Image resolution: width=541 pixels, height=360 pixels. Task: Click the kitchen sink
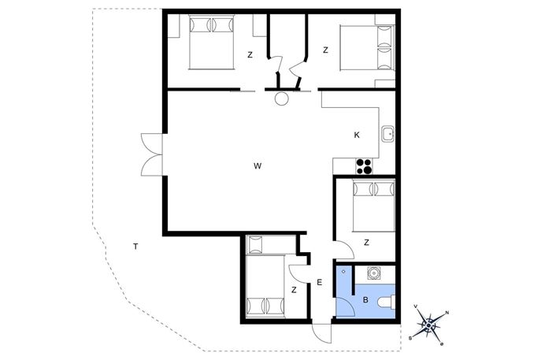pos(388,134)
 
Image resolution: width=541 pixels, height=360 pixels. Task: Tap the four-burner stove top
pos(364,166)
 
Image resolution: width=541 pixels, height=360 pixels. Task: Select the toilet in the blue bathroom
pos(387,302)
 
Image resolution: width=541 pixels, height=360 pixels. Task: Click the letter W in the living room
pos(258,166)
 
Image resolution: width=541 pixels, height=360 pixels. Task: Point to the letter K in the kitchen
pos(357,135)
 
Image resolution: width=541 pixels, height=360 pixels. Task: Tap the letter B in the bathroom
pos(365,300)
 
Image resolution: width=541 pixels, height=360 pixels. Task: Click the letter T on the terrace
pos(135,247)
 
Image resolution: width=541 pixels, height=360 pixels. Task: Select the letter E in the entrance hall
pos(320,282)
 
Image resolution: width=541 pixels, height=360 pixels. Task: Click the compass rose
pos(429,325)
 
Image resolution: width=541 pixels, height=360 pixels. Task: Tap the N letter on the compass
pos(447,313)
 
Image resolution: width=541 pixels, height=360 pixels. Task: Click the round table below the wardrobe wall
pos(282,99)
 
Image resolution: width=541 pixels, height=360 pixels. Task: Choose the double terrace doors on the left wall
pos(152,154)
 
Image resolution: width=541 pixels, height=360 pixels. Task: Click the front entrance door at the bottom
pos(321,333)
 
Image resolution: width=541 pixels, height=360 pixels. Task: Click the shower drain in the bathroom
pos(343,271)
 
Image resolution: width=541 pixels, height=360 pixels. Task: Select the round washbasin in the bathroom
pos(373,273)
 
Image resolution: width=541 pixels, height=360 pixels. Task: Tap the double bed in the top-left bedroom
pos(212,42)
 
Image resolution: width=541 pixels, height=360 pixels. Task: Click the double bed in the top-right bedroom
pos(368,47)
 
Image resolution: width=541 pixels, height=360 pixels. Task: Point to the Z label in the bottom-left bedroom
pos(294,290)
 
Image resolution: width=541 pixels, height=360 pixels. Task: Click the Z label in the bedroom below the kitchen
pos(366,243)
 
